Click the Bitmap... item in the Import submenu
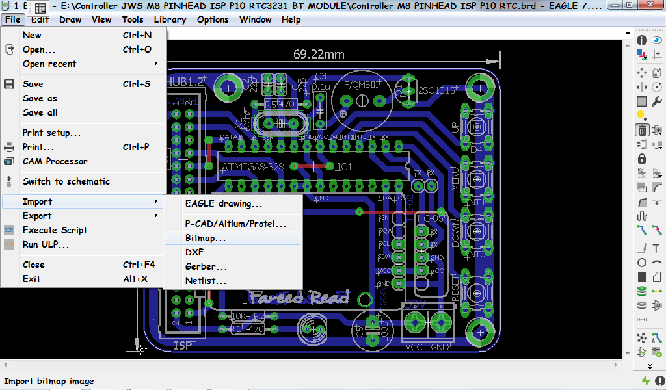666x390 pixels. [x=206, y=238]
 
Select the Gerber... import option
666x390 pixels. [x=206, y=266]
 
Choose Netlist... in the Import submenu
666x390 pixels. [x=206, y=281]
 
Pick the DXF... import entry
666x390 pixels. [x=200, y=252]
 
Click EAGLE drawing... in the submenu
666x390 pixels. [x=224, y=203]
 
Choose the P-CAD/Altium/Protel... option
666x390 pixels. [x=235, y=224]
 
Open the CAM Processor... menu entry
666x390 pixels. [x=60, y=161]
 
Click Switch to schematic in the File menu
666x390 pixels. [x=66, y=181]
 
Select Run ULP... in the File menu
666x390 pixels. [x=46, y=244]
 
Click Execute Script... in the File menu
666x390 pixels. [x=60, y=230]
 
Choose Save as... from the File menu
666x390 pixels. [x=46, y=98]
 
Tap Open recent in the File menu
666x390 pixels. [x=49, y=64]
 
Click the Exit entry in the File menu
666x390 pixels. [x=31, y=279]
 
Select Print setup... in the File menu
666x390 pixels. [x=51, y=133]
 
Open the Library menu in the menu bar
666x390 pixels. [x=170, y=19]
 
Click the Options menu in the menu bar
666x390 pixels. [x=213, y=19]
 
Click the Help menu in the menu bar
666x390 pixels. [x=291, y=19]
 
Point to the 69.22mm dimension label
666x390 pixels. [x=319, y=55]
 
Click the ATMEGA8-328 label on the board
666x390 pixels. [x=252, y=167]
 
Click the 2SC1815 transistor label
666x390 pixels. [x=436, y=90]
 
